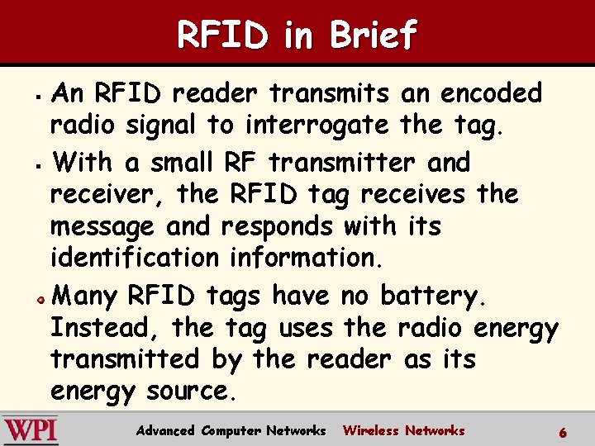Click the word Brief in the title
(x=374, y=35)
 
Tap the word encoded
(x=491, y=93)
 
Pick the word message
(x=102, y=226)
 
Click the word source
(x=191, y=391)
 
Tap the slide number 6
(x=563, y=432)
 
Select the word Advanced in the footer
(x=165, y=430)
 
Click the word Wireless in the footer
(x=370, y=430)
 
